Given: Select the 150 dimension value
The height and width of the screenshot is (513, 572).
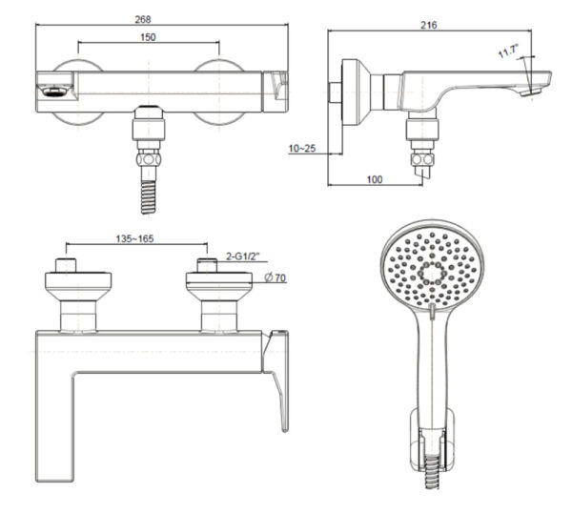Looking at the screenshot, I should pyautogui.click(x=149, y=37).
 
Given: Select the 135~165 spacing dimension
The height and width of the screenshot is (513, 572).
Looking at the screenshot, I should pyautogui.click(x=134, y=238).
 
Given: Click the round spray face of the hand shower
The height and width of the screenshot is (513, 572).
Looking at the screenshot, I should pyautogui.click(x=434, y=272).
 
